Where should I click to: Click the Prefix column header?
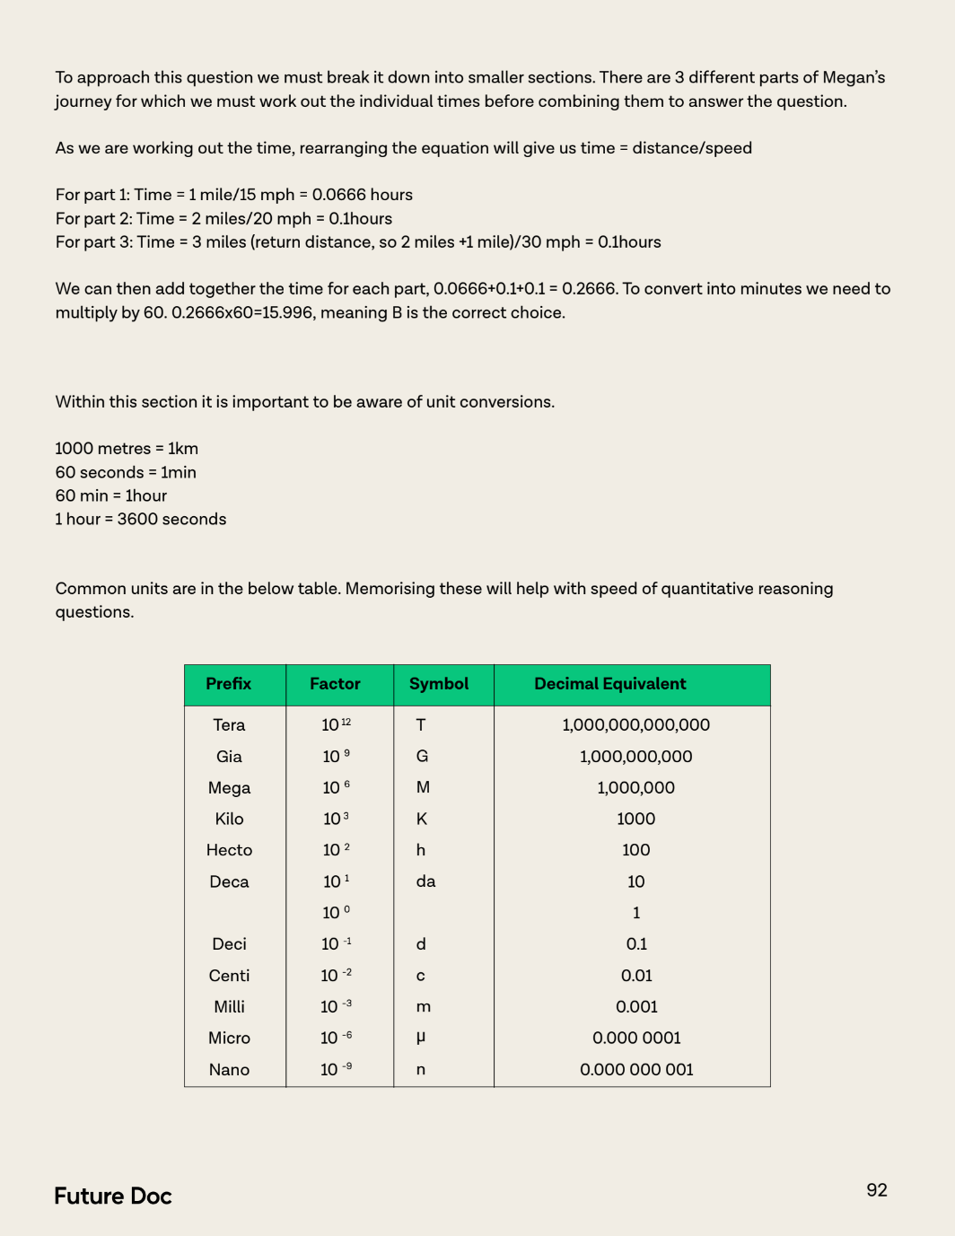click(229, 684)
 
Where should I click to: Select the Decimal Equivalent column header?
click(610, 684)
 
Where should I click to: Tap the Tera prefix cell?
click(229, 725)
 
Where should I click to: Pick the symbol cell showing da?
click(425, 881)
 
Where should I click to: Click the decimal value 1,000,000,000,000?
click(635, 725)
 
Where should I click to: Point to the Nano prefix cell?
click(229, 1070)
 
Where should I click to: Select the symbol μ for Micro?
click(421, 1038)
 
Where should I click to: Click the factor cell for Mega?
click(336, 788)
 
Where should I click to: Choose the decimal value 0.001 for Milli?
click(636, 1007)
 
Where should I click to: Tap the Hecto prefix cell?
click(229, 850)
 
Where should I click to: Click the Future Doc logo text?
click(113, 1197)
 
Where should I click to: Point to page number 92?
click(877, 1190)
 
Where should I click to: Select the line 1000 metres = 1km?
click(127, 449)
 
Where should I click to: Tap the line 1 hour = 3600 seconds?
click(141, 520)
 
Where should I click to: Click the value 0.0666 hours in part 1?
click(363, 195)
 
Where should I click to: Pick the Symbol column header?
click(439, 684)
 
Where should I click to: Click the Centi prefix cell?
click(229, 976)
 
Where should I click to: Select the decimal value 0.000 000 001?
click(636, 1070)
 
